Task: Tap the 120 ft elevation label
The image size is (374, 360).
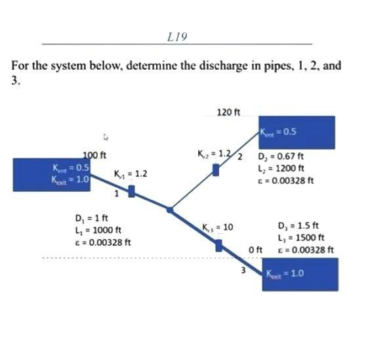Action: click(x=228, y=112)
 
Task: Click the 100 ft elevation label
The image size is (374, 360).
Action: click(x=94, y=155)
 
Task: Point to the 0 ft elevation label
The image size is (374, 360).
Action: click(x=256, y=250)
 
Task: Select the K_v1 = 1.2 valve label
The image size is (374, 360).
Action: click(x=130, y=174)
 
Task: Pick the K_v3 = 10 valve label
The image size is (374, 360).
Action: click(x=218, y=227)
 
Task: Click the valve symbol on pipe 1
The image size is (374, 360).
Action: click(x=131, y=191)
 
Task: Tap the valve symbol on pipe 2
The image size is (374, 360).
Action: click(x=216, y=170)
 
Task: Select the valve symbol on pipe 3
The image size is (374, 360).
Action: click(x=219, y=245)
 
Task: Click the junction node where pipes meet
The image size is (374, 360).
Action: click(x=170, y=210)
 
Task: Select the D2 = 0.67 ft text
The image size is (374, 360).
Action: click(x=280, y=157)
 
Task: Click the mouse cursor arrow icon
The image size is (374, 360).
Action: click(x=105, y=138)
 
